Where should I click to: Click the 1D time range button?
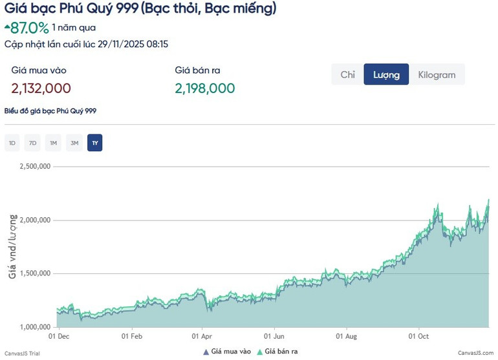point(12,143)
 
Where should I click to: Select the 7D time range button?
point(33,143)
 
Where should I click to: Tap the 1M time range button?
point(54,143)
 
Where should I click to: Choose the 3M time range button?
point(74,143)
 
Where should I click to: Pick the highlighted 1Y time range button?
point(94,143)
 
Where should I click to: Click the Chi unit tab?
point(348,75)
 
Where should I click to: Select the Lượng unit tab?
point(386,75)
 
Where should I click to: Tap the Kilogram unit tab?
point(437,75)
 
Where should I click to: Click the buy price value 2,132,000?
point(41,88)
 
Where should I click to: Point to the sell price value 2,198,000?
point(205,88)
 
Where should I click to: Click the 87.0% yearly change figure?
point(29,28)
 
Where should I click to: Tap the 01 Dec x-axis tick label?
point(59,337)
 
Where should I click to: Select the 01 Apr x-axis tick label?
point(202,337)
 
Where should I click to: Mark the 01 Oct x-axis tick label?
point(419,337)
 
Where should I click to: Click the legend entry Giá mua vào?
point(226,352)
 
